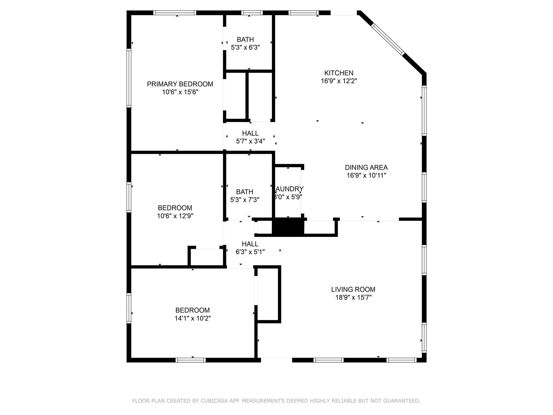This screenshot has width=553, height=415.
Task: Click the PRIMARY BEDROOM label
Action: [180, 84]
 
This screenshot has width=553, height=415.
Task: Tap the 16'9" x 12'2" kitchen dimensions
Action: [339, 81]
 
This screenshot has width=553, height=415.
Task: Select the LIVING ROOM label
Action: [353, 289]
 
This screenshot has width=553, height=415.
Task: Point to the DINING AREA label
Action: [366, 167]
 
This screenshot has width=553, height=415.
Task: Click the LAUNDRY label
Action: [289, 189]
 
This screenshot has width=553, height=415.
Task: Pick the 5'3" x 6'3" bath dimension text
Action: [245, 48]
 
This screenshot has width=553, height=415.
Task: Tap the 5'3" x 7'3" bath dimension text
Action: [245, 200]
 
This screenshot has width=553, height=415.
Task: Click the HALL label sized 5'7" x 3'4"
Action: [250, 133]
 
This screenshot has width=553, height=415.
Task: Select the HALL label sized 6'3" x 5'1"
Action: [250, 244]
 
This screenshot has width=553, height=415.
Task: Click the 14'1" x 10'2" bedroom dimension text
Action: [193, 318]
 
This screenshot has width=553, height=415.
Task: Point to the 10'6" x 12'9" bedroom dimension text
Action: [175, 216]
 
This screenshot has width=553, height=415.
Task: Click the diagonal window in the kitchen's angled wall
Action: [388, 39]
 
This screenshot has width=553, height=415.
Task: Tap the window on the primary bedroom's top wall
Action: [175, 13]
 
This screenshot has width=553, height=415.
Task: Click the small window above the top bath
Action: [252, 13]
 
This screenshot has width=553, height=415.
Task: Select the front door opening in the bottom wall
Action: [276, 360]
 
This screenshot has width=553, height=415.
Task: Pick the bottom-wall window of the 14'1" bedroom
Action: [191, 360]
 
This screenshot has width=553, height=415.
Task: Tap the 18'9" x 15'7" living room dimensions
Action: [353, 297]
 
